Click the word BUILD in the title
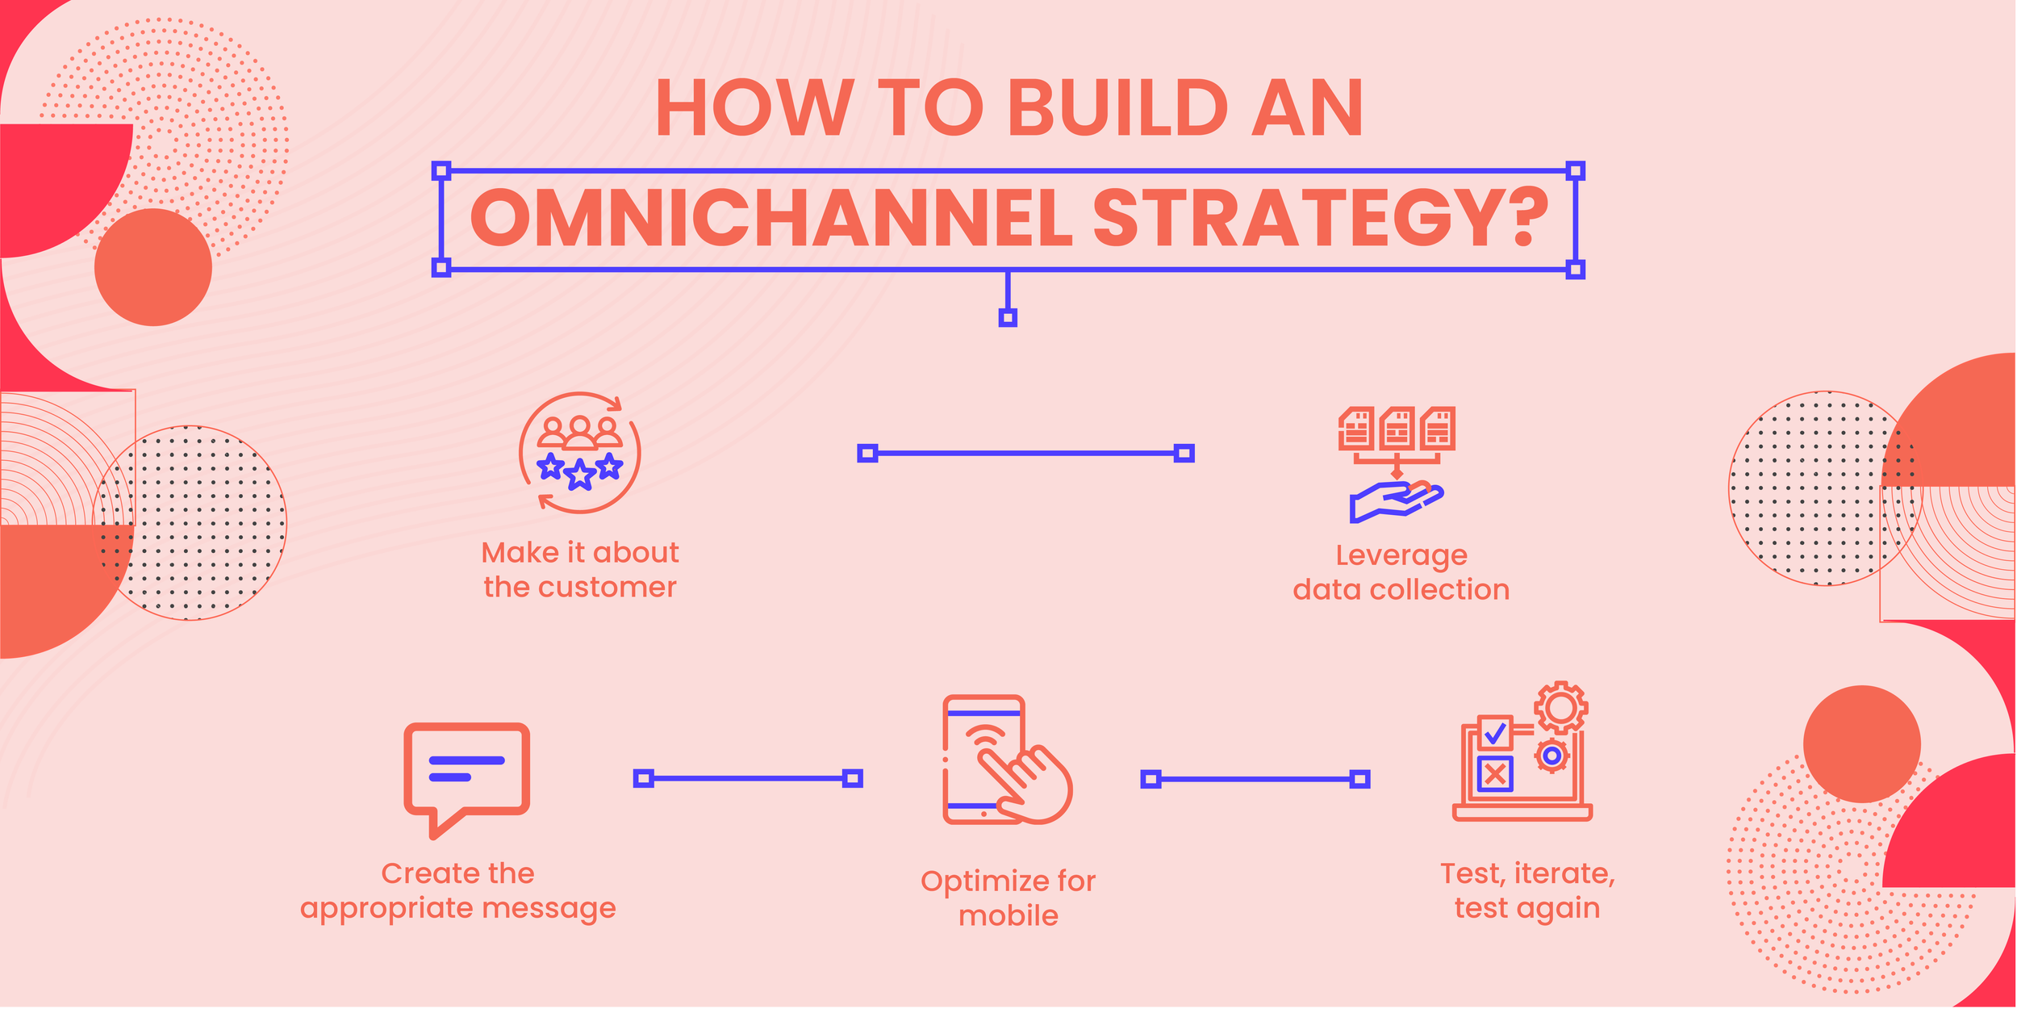click(1117, 109)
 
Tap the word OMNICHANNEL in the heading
click(770, 218)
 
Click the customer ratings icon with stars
click(580, 453)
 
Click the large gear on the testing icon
click(1561, 708)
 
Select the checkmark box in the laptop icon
click(1495, 733)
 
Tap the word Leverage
click(1401, 555)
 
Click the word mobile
click(1008, 916)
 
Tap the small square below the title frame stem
click(1008, 318)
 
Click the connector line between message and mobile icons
click(748, 778)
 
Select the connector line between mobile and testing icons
click(1255, 779)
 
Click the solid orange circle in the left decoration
click(153, 267)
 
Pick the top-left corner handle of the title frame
click(441, 170)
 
